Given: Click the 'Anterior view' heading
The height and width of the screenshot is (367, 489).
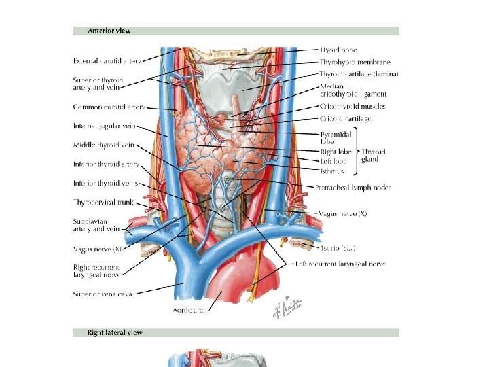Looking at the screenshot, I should [x=109, y=31].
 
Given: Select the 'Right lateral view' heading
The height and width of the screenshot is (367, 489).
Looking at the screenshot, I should [x=115, y=332].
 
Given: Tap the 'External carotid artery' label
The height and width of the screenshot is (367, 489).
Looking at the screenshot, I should [x=107, y=61].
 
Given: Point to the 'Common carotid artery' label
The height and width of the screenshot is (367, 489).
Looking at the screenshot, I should [x=109, y=107].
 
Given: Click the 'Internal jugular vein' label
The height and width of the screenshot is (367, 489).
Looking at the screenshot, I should [x=105, y=126].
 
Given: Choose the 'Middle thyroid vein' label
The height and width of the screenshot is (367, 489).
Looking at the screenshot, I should [x=104, y=145].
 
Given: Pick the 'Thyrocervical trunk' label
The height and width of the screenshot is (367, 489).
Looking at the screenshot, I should [x=103, y=202].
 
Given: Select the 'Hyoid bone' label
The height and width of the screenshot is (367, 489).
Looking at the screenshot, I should [x=338, y=50].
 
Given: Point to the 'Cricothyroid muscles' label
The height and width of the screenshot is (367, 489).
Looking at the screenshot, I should [x=352, y=107].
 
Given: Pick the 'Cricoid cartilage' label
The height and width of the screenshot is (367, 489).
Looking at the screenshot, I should [x=346, y=119].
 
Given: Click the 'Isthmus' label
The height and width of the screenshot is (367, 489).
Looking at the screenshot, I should [x=332, y=171].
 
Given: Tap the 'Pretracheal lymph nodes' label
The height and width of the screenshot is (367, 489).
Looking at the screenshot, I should [x=353, y=188].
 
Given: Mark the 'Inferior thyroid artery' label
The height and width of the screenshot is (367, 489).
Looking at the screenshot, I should [x=106, y=164].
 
